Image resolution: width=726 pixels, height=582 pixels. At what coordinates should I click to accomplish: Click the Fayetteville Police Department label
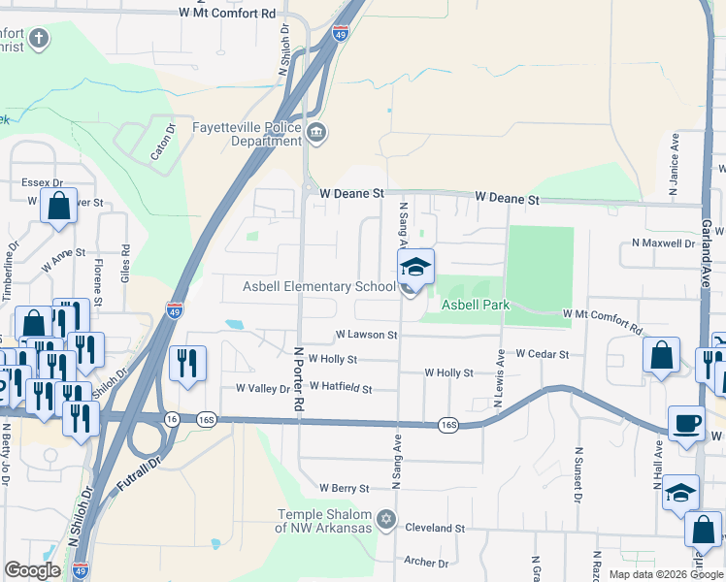(x=247, y=133)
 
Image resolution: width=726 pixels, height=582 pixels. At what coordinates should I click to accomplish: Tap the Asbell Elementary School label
(x=318, y=286)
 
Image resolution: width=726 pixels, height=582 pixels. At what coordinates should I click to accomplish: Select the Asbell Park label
(x=476, y=305)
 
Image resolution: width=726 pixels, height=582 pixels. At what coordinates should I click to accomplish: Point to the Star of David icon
(x=386, y=520)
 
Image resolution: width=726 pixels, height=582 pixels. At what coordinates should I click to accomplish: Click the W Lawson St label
(x=367, y=335)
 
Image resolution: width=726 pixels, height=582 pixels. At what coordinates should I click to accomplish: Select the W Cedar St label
(x=543, y=354)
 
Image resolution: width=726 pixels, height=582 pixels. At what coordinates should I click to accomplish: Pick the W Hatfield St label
(x=341, y=389)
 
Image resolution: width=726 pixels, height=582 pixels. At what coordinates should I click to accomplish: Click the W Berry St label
(x=345, y=488)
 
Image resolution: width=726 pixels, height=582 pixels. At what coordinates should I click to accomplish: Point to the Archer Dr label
(x=426, y=562)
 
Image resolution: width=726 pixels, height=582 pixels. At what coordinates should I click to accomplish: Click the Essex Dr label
(x=43, y=182)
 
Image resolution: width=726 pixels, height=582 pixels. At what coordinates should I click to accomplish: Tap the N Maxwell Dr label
(x=665, y=242)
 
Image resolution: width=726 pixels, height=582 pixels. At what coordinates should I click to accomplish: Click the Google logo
(x=33, y=570)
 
